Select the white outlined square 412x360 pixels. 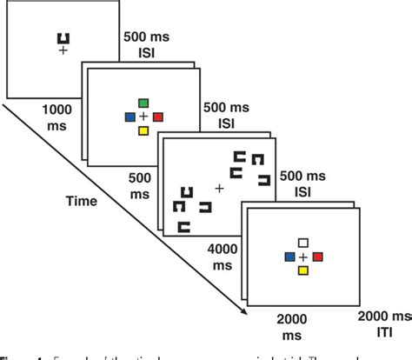(303, 243)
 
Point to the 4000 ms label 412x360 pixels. (223, 257)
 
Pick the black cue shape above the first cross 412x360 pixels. (63, 37)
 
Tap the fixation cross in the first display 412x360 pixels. (63, 52)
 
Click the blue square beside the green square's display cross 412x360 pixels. (130, 117)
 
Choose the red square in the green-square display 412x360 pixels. (158, 117)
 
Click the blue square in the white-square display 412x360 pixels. (289, 257)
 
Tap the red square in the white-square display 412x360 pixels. (318, 257)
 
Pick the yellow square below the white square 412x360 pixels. (303, 270)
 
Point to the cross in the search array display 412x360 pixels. (219, 188)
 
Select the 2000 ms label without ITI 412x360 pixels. (288, 328)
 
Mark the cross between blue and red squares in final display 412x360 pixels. (303, 257)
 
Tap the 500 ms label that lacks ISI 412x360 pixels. (140, 182)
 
